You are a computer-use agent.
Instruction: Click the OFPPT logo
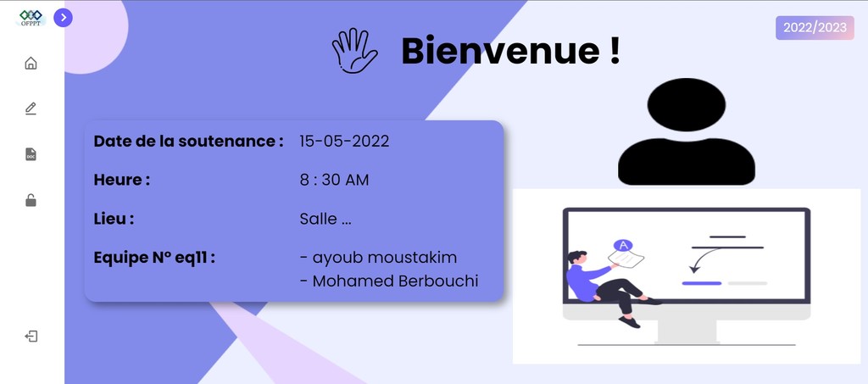[x=31, y=18]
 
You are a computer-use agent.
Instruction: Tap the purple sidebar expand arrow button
[x=63, y=18]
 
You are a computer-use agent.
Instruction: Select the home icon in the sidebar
[x=31, y=63]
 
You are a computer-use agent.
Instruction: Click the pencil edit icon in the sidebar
[x=31, y=109]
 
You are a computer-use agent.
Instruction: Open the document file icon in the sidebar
[x=31, y=154]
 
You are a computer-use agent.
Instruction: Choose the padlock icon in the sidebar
[x=31, y=200]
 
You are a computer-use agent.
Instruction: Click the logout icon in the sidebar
[x=31, y=337]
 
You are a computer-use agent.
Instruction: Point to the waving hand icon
[x=355, y=50]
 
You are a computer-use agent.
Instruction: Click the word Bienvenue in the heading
[x=500, y=50]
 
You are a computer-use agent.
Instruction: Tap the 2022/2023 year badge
[x=815, y=28]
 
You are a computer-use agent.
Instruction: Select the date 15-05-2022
[x=344, y=141]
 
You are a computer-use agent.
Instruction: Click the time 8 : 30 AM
[x=334, y=180]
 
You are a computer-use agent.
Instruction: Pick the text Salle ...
[x=319, y=219]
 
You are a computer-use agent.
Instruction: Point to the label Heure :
[x=122, y=180]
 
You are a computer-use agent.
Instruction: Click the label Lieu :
[x=114, y=219]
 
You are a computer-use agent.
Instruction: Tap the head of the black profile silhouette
[x=687, y=104]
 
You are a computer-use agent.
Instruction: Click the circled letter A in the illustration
[x=623, y=245]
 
